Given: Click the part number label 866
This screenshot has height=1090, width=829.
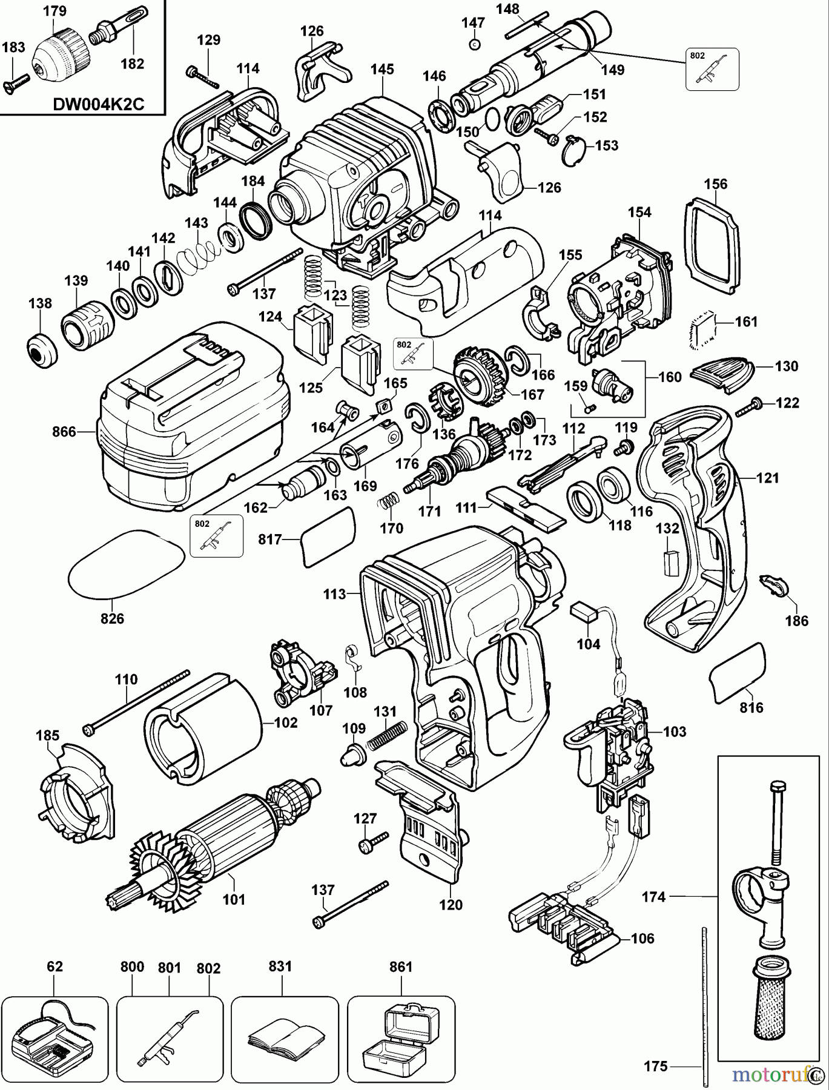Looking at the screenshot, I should [64, 432].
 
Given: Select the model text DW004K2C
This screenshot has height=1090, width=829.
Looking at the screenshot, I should [98, 104].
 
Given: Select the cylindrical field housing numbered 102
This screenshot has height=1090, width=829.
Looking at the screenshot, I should [203, 724].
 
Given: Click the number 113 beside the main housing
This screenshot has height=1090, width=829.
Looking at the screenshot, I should [333, 594].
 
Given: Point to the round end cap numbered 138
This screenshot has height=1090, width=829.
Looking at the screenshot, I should [41, 349].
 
